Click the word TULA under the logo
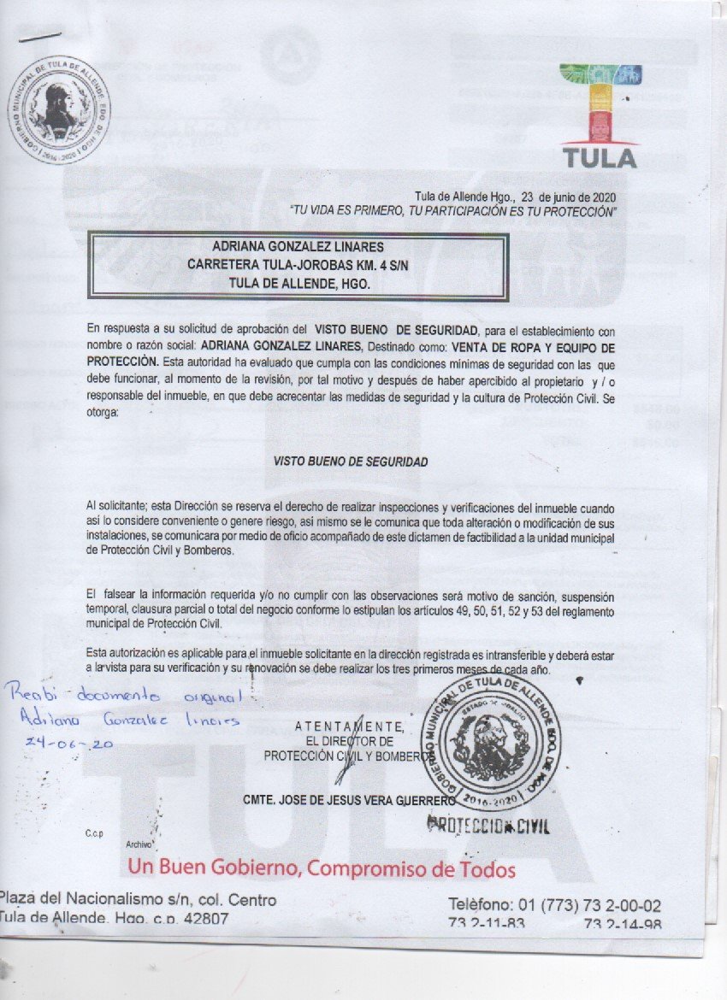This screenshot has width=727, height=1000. [x=600, y=158]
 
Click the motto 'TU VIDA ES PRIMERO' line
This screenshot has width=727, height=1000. [x=452, y=210]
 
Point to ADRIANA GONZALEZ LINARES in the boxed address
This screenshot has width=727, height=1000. [x=298, y=248]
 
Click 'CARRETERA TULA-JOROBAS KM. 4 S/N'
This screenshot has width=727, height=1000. [x=298, y=265]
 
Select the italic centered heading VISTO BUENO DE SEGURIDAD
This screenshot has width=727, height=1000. [x=351, y=461]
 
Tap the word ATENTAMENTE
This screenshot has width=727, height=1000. [x=352, y=727]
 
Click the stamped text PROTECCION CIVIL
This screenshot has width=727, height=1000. [x=488, y=826]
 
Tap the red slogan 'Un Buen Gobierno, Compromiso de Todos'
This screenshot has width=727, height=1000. [x=322, y=869]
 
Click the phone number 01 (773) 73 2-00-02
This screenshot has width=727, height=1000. [x=554, y=905]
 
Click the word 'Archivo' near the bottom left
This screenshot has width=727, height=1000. [x=139, y=844]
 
